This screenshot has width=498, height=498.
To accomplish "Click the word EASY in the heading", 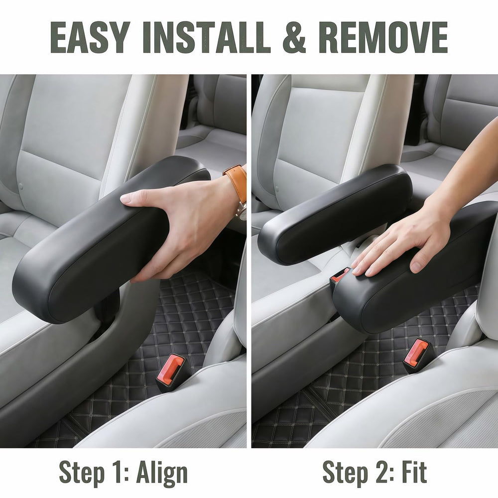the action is [x=90, y=37].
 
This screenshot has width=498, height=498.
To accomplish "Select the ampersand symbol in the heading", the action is [x=294, y=37].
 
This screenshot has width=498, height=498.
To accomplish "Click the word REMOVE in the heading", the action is [x=383, y=37].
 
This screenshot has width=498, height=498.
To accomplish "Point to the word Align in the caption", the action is [x=162, y=474].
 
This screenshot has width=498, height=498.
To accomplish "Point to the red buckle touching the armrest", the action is [x=340, y=275].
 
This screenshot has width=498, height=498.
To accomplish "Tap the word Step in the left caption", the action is [x=82, y=474].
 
